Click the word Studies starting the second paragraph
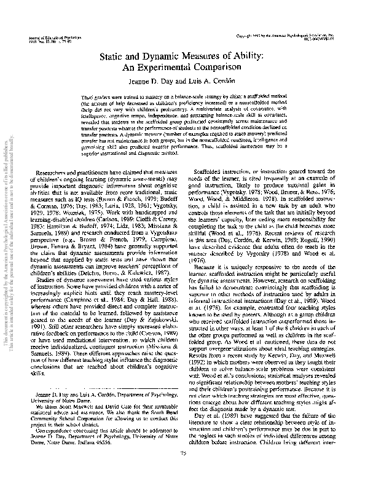point(50,296)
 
